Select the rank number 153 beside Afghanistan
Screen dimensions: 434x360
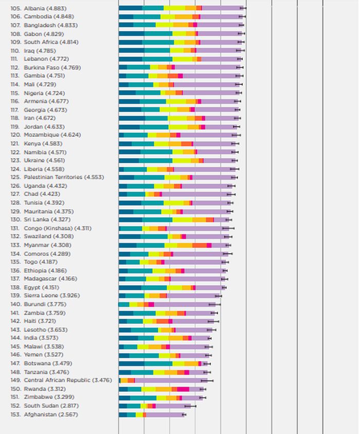click(x=15, y=414)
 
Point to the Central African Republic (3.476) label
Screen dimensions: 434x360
click(x=67, y=380)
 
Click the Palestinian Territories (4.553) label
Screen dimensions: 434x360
click(x=64, y=177)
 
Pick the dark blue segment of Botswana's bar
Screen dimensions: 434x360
click(x=131, y=363)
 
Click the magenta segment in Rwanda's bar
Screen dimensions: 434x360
click(x=183, y=389)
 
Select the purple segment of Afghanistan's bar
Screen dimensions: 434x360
click(x=165, y=414)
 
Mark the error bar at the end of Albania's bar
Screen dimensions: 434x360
click(x=243, y=8)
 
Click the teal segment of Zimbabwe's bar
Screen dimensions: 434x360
click(x=143, y=397)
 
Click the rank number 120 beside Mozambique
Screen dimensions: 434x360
click(x=15, y=135)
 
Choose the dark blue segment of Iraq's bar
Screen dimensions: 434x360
click(x=131, y=50)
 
